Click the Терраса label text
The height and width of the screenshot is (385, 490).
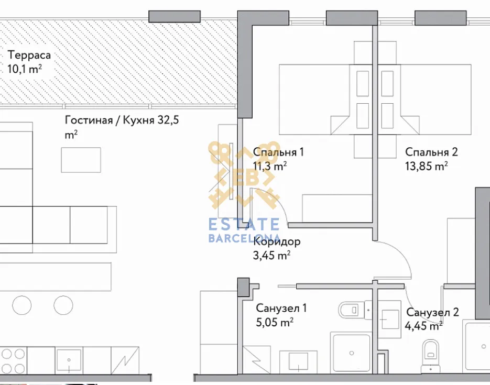click(x=29, y=56)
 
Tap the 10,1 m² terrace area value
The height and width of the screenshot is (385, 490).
click(x=25, y=69)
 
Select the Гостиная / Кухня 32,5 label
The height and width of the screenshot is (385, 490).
click(x=122, y=120)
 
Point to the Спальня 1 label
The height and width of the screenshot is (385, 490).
click(x=278, y=152)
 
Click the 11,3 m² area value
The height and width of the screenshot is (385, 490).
click(x=270, y=166)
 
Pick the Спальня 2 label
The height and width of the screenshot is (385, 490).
click(x=431, y=152)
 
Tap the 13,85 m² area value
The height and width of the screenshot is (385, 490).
click(x=426, y=166)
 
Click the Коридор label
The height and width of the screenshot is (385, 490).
click(x=277, y=241)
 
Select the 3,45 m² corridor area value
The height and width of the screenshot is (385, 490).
click(x=271, y=256)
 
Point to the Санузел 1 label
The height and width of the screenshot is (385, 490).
click(x=281, y=308)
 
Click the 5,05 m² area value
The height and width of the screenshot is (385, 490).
click(x=275, y=322)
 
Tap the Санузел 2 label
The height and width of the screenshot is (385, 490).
click(x=432, y=312)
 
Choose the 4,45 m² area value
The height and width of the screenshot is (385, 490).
click(x=424, y=326)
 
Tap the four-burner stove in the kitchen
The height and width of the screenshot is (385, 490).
click(x=13, y=361)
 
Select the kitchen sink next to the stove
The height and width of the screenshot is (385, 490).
click(x=69, y=360)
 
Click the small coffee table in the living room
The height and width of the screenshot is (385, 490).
click(x=81, y=160)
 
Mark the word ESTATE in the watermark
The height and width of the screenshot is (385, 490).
click(x=244, y=224)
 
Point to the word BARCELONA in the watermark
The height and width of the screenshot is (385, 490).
click(x=244, y=238)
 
